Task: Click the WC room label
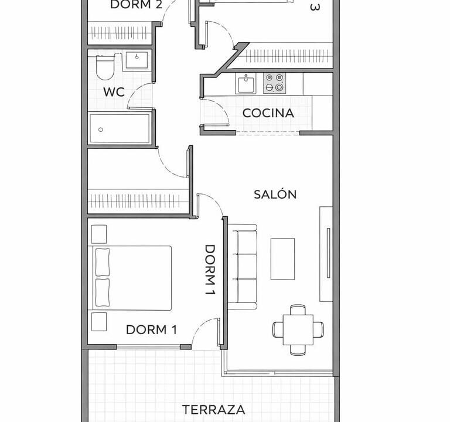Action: point(114,92)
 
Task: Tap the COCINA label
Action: point(268,113)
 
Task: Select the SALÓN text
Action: point(275,194)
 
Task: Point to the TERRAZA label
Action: point(213,410)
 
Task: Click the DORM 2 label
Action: point(137,5)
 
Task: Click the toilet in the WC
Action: point(105,67)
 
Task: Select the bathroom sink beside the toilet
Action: point(137,60)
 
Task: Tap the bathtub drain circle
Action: point(101,130)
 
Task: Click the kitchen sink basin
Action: point(246,84)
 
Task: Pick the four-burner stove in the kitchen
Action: point(274,83)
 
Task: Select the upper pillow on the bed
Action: point(103,263)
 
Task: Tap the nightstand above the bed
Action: point(99,234)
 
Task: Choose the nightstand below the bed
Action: point(99,322)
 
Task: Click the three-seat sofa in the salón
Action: point(242,267)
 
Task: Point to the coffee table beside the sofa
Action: point(282,259)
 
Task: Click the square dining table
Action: point(298,330)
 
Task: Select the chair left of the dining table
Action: point(278,329)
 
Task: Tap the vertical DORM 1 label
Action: point(210,270)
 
